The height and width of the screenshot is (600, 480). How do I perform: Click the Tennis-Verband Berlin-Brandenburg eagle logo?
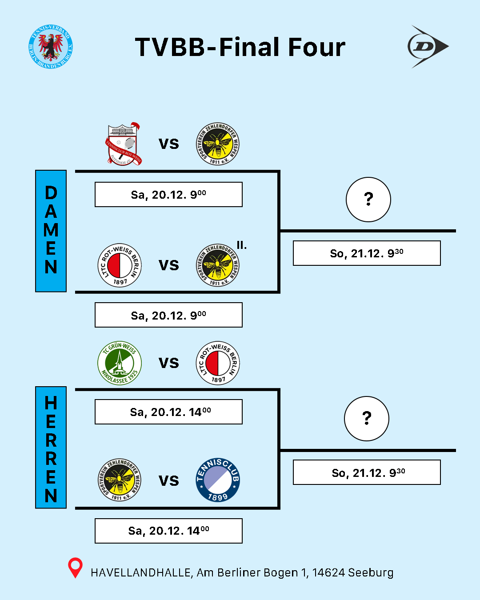tap(51, 47)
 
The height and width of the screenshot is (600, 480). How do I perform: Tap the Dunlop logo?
tap(428, 47)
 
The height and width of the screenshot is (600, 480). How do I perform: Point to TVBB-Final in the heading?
tap(208, 48)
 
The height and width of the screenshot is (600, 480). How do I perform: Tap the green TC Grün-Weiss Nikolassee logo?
tap(120, 363)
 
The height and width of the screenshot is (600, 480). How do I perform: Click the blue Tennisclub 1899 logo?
tap(218, 480)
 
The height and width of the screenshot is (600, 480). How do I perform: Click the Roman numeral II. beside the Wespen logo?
tap(241, 245)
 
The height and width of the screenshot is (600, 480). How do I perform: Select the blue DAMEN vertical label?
tap(51, 231)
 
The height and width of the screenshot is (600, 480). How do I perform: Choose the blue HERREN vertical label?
tap(51, 447)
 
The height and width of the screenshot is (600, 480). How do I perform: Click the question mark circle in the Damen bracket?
tap(368, 200)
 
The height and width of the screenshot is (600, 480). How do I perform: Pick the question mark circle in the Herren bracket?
tap(367, 419)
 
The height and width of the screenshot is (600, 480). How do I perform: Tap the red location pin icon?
tap(75, 568)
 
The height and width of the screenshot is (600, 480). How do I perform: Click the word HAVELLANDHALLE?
tap(141, 572)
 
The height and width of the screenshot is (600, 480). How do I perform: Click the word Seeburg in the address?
tap(371, 572)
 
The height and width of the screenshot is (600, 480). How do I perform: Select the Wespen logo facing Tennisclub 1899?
tap(120, 480)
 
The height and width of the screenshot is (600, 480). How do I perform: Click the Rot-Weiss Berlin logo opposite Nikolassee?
tap(218, 363)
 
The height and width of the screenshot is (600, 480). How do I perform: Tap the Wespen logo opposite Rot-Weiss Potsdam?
tap(218, 144)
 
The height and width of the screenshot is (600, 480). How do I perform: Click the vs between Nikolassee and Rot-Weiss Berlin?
tap(169, 363)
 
